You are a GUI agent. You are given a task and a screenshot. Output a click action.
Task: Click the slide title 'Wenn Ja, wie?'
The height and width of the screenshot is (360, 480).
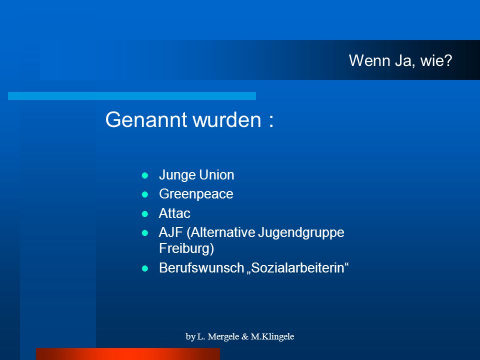pyautogui.click(x=400, y=60)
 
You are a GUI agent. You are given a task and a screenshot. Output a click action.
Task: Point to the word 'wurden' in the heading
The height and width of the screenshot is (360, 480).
pyautogui.click(x=227, y=119)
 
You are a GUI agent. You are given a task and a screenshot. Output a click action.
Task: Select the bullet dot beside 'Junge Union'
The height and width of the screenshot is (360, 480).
pyautogui.click(x=145, y=175)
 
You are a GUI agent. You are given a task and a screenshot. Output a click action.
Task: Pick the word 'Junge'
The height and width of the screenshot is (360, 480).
pyautogui.click(x=177, y=175)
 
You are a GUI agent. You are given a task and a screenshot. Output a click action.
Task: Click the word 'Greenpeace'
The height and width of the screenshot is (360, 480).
pyautogui.click(x=196, y=194)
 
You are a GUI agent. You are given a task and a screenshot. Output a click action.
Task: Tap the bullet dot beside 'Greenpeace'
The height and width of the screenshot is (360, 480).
pyautogui.click(x=145, y=194)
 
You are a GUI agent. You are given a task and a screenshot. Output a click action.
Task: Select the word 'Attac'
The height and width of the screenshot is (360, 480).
pyautogui.click(x=174, y=213)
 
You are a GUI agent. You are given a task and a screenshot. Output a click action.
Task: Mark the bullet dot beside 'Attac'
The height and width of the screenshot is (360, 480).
pyautogui.click(x=145, y=213)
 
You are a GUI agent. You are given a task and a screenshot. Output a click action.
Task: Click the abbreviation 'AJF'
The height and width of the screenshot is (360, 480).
pyautogui.click(x=171, y=232)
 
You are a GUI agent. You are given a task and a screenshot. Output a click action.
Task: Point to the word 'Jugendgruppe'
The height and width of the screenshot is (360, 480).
pyautogui.click(x=301, y=233)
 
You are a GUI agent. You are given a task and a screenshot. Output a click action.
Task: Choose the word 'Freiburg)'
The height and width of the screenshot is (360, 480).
pyautogui.click(x=186, y=248)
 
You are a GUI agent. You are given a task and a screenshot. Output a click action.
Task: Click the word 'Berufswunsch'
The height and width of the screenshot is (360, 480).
pyautogui.click(x=201, y=268)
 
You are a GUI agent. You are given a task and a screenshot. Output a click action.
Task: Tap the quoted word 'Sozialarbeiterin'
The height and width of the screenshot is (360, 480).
pyautogui.click(x=297, y=268)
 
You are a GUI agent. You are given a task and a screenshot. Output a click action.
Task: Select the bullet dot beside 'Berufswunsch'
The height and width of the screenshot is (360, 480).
pyautogui.click(x=145, y=268)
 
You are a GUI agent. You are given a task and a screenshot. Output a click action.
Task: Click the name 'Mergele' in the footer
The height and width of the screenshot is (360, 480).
pyautogui.click(x=223, y=336)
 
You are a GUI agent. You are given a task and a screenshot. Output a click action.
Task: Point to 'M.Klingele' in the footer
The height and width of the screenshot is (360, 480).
pyautogui.click(x=272, y=336)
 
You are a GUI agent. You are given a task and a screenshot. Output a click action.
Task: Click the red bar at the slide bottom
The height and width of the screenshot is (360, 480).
pyautogui.click(x=128, y=354)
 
